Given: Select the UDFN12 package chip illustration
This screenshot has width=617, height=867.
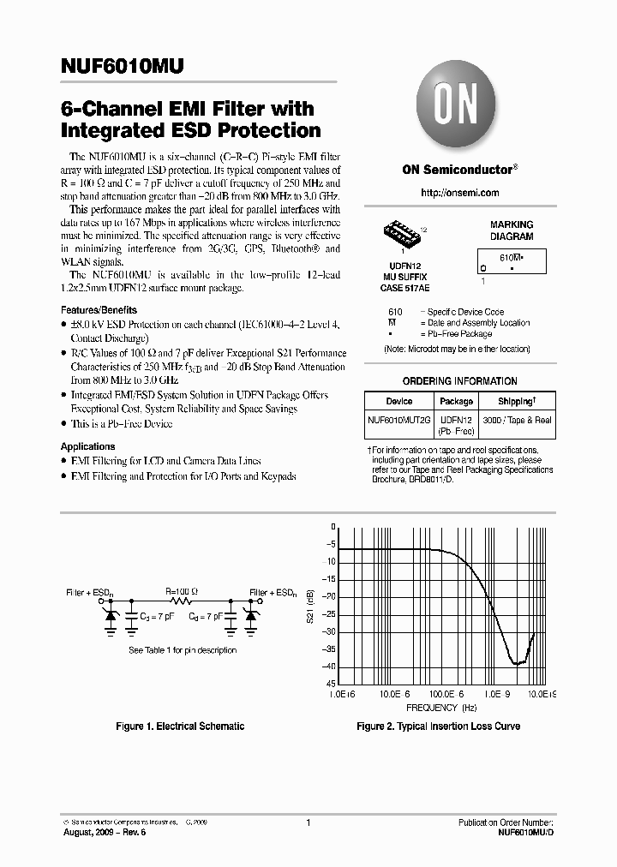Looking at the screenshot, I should click(x=400, y=232).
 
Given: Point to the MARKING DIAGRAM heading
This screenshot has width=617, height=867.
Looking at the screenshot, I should click(x=511, y=230).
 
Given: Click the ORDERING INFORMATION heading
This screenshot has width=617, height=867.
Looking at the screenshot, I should click(x=459, y=381).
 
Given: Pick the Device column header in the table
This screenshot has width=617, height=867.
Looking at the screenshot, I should click(x=399, y=401).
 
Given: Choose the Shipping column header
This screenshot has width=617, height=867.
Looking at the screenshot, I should click(x=517, y=401).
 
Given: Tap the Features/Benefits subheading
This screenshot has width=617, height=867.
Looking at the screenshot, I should click(x=99, y=309).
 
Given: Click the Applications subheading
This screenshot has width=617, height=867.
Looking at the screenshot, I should click(x=87, y=446).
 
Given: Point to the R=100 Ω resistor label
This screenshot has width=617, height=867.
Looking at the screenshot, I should click(x=182, y=591).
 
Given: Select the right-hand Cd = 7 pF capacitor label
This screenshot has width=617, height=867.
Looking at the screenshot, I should click(x=207, y=615).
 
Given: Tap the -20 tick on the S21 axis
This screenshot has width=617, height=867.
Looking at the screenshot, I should click(x=329, y=597).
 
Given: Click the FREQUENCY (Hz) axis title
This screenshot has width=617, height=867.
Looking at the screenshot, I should click(x=441, y=709).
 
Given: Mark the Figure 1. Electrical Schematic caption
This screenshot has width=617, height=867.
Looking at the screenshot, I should click(x=180, y=726).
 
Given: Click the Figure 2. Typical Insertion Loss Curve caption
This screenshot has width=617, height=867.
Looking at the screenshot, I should click(x=438, y=726).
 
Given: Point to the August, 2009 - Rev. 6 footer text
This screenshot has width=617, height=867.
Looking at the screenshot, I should click(x=101, y=832).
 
